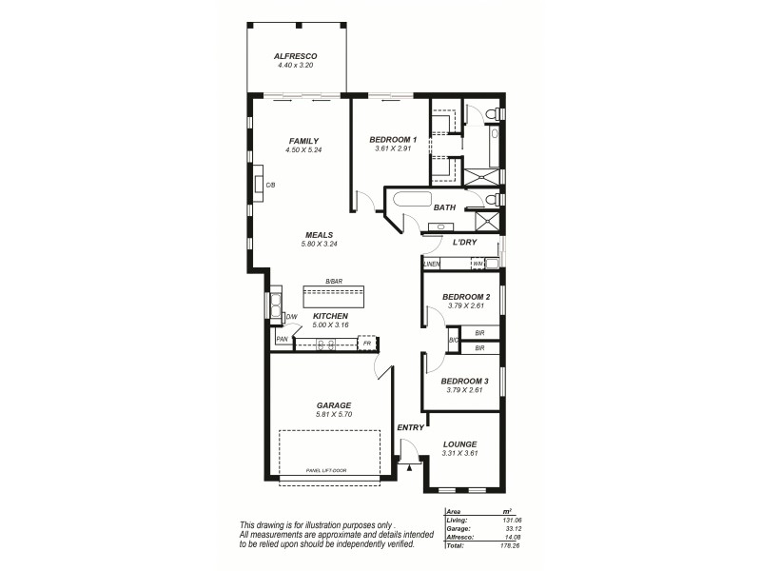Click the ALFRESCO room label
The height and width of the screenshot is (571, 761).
click(296, 56)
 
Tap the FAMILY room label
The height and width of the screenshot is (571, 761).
click(303, 141)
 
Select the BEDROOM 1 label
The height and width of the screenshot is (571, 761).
click(393, 140)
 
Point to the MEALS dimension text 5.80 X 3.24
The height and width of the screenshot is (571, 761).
click(318, 245)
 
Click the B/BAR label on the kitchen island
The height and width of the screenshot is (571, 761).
click(333, 282)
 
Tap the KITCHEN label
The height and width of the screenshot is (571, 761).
click(330, 316)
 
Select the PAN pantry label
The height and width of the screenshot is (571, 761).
click(282, 339)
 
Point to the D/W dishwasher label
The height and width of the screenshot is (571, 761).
click(291, 317)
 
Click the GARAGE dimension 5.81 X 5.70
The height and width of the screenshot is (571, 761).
click(334, 415)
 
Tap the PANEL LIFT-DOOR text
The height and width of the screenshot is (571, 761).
click(327, 471)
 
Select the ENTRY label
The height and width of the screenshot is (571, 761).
click(410, 427)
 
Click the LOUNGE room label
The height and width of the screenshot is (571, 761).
click(459, 443)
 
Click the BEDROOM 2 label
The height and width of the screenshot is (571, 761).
click(465, 296)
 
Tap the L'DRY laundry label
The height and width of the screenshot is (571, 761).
click(464, 242)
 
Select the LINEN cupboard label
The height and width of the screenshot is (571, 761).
click(432, 264)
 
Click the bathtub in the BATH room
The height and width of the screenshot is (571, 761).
click(411, 201)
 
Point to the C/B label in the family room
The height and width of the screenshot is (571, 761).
click(270, 184)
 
